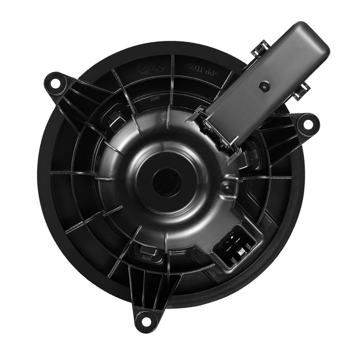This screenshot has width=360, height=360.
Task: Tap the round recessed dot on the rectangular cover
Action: click(x=264, y=86)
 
